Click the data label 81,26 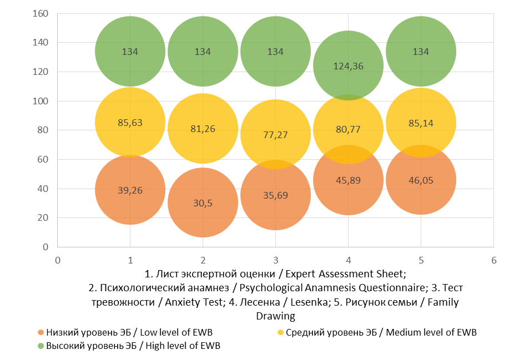[x=203, y=129]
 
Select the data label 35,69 [x=275, y=195]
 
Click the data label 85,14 [x=421, y=123]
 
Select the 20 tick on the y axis [x=44, y=218]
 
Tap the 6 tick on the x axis [x=493, y=260]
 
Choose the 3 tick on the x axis [x=275, y=260]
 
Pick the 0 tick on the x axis [x=58, y=260]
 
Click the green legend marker [x=41, y=346]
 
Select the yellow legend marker [x=280, y=332]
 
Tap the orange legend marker [x=41, y=332]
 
